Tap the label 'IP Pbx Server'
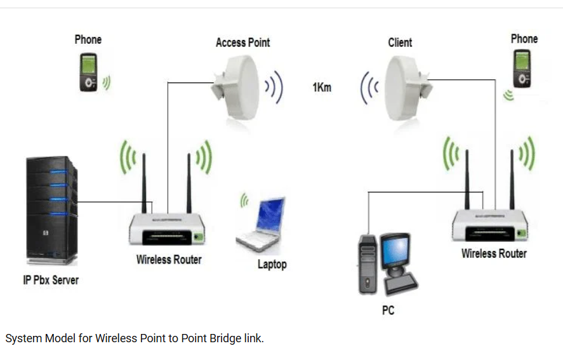point(51,280)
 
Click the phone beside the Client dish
point(522,69)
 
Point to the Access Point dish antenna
point(237,86)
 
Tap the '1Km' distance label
point(322,87)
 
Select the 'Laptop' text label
point(272,264)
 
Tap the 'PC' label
point(388,310)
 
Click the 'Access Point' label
point(242,43)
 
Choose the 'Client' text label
point(400,43)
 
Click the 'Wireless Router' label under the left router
point(169,259)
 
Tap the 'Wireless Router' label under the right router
point(494,253)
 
